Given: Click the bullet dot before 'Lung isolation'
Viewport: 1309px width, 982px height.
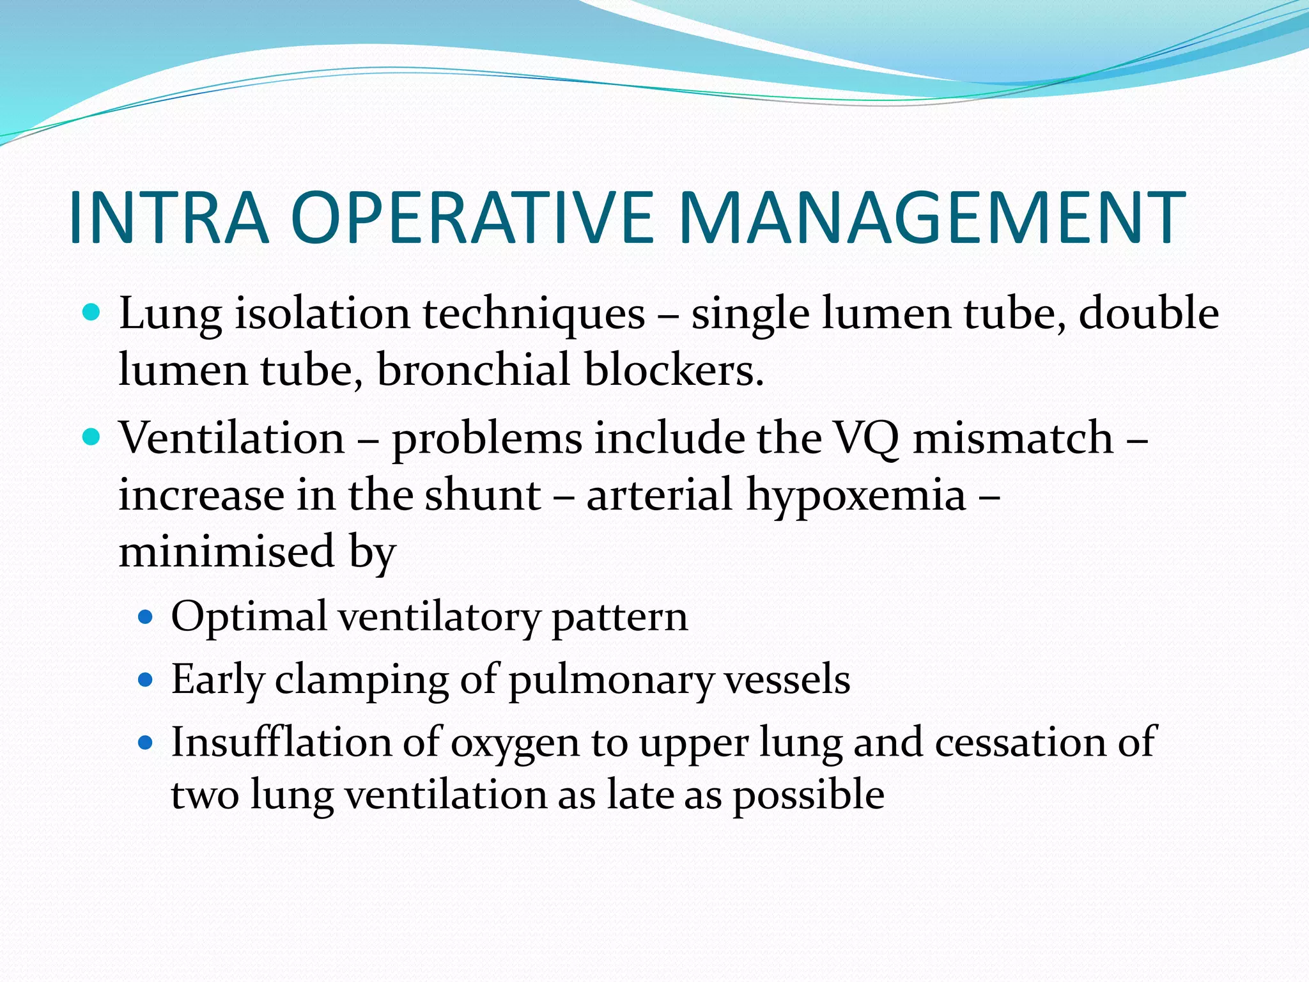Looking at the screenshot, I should tap(93, 313).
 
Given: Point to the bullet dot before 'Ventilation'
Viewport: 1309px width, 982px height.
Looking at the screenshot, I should tap(93, 437).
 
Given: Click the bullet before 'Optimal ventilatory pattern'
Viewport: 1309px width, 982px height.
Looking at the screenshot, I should tap(146, 617).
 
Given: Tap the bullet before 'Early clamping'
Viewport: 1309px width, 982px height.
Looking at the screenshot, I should tap(146, 679).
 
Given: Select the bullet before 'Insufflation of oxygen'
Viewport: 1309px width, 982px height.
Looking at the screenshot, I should tap(146, 742).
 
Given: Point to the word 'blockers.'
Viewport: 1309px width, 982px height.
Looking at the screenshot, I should tap(674, 371).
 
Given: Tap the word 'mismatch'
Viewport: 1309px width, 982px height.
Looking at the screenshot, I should tap(1013, 438).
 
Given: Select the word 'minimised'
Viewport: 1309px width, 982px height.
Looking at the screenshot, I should tap(226, 551).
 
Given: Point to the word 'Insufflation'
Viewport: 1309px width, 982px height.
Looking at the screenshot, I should tap(281, 743).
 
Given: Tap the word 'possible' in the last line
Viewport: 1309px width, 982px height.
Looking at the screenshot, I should tap(808, 797).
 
